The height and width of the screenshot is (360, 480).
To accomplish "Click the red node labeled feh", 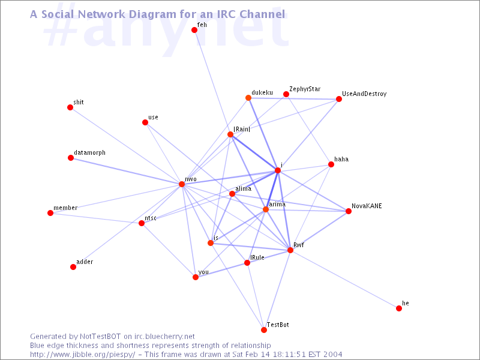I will click(x=194, y=30).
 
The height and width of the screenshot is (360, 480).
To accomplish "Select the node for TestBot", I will click(x=264, y=330).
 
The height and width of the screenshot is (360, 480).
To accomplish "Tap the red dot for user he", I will click(x=399, y=308).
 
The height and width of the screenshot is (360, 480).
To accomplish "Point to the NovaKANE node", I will click(x=349, y=211).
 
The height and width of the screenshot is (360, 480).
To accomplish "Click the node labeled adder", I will click(x=73, y=267).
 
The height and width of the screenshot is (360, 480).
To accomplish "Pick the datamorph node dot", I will click(x=71, y=158).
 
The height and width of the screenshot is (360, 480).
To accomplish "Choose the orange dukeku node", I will click(x=248, y=98).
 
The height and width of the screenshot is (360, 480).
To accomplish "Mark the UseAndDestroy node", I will click(x=339, y=99).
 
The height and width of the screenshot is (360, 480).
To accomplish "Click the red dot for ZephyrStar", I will click(x=286, y=94).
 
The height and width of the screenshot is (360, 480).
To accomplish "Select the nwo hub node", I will click(x=182, y=184).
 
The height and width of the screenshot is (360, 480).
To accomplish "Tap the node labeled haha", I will click(x=331, y=164).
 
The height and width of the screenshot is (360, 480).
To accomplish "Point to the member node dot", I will click(x=50, y=213).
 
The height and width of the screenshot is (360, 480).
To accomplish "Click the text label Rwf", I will click(x=299, y=245).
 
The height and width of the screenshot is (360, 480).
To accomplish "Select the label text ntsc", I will click(x=151, y=218).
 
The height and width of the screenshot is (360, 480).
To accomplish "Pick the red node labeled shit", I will click(x=70, y=107).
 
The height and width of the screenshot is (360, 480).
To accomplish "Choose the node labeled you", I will click(x=196, y=277).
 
